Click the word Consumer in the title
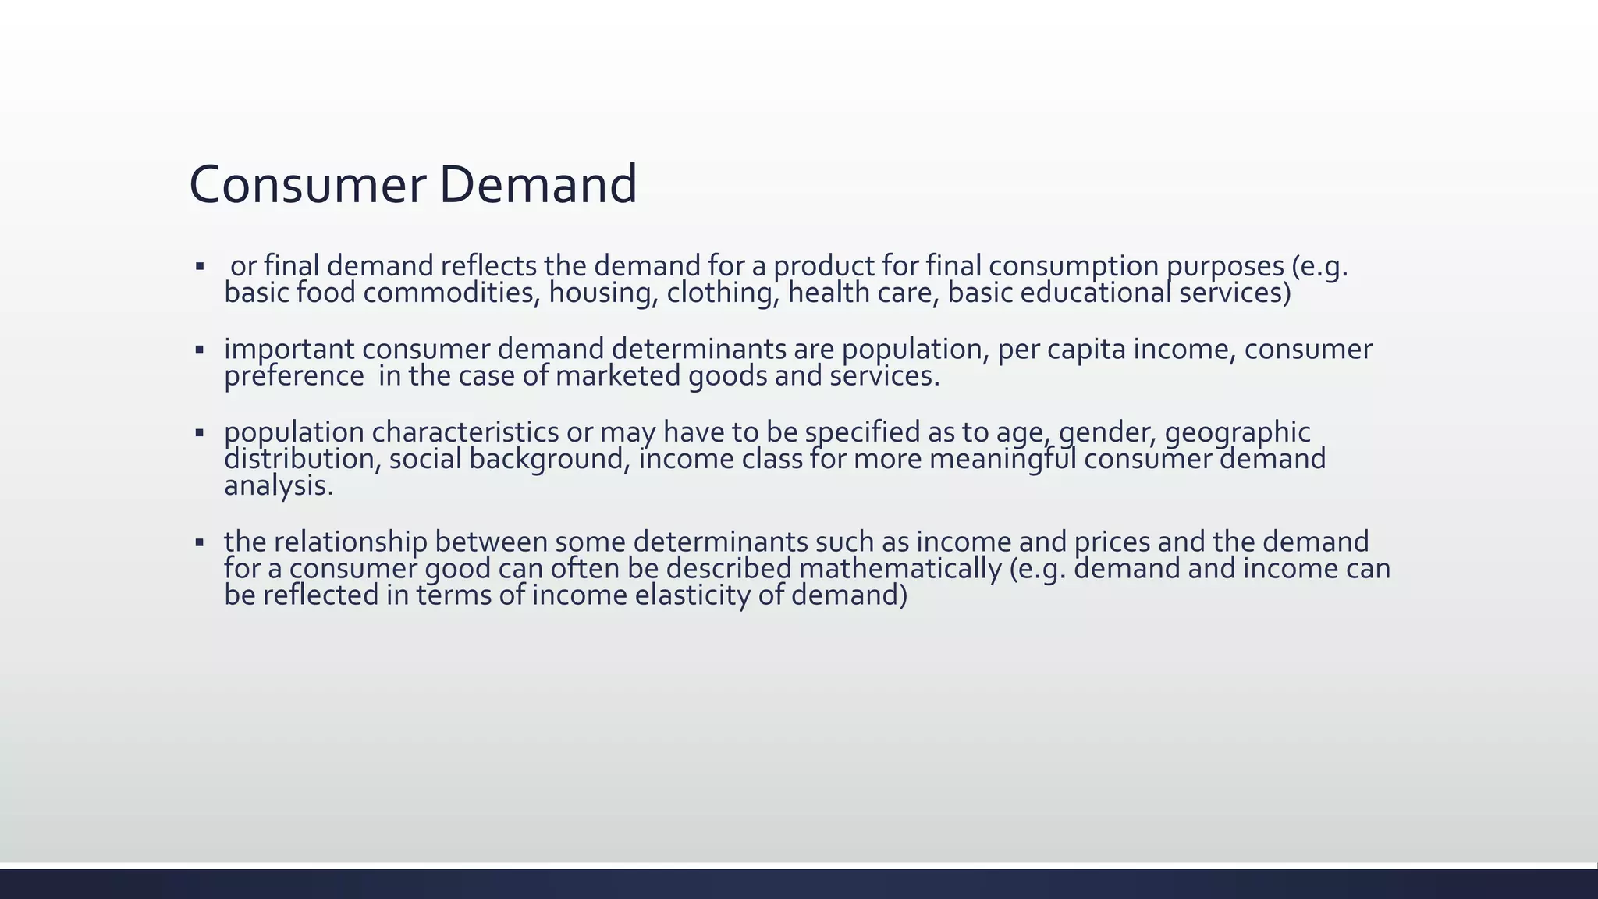tap(307, 185)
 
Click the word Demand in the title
tap(538, 185)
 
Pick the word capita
tap(1086, 350)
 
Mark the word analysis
tap(279, 486)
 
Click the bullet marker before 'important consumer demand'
tap(200, 350)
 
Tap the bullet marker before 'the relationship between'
tap(200, 542)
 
